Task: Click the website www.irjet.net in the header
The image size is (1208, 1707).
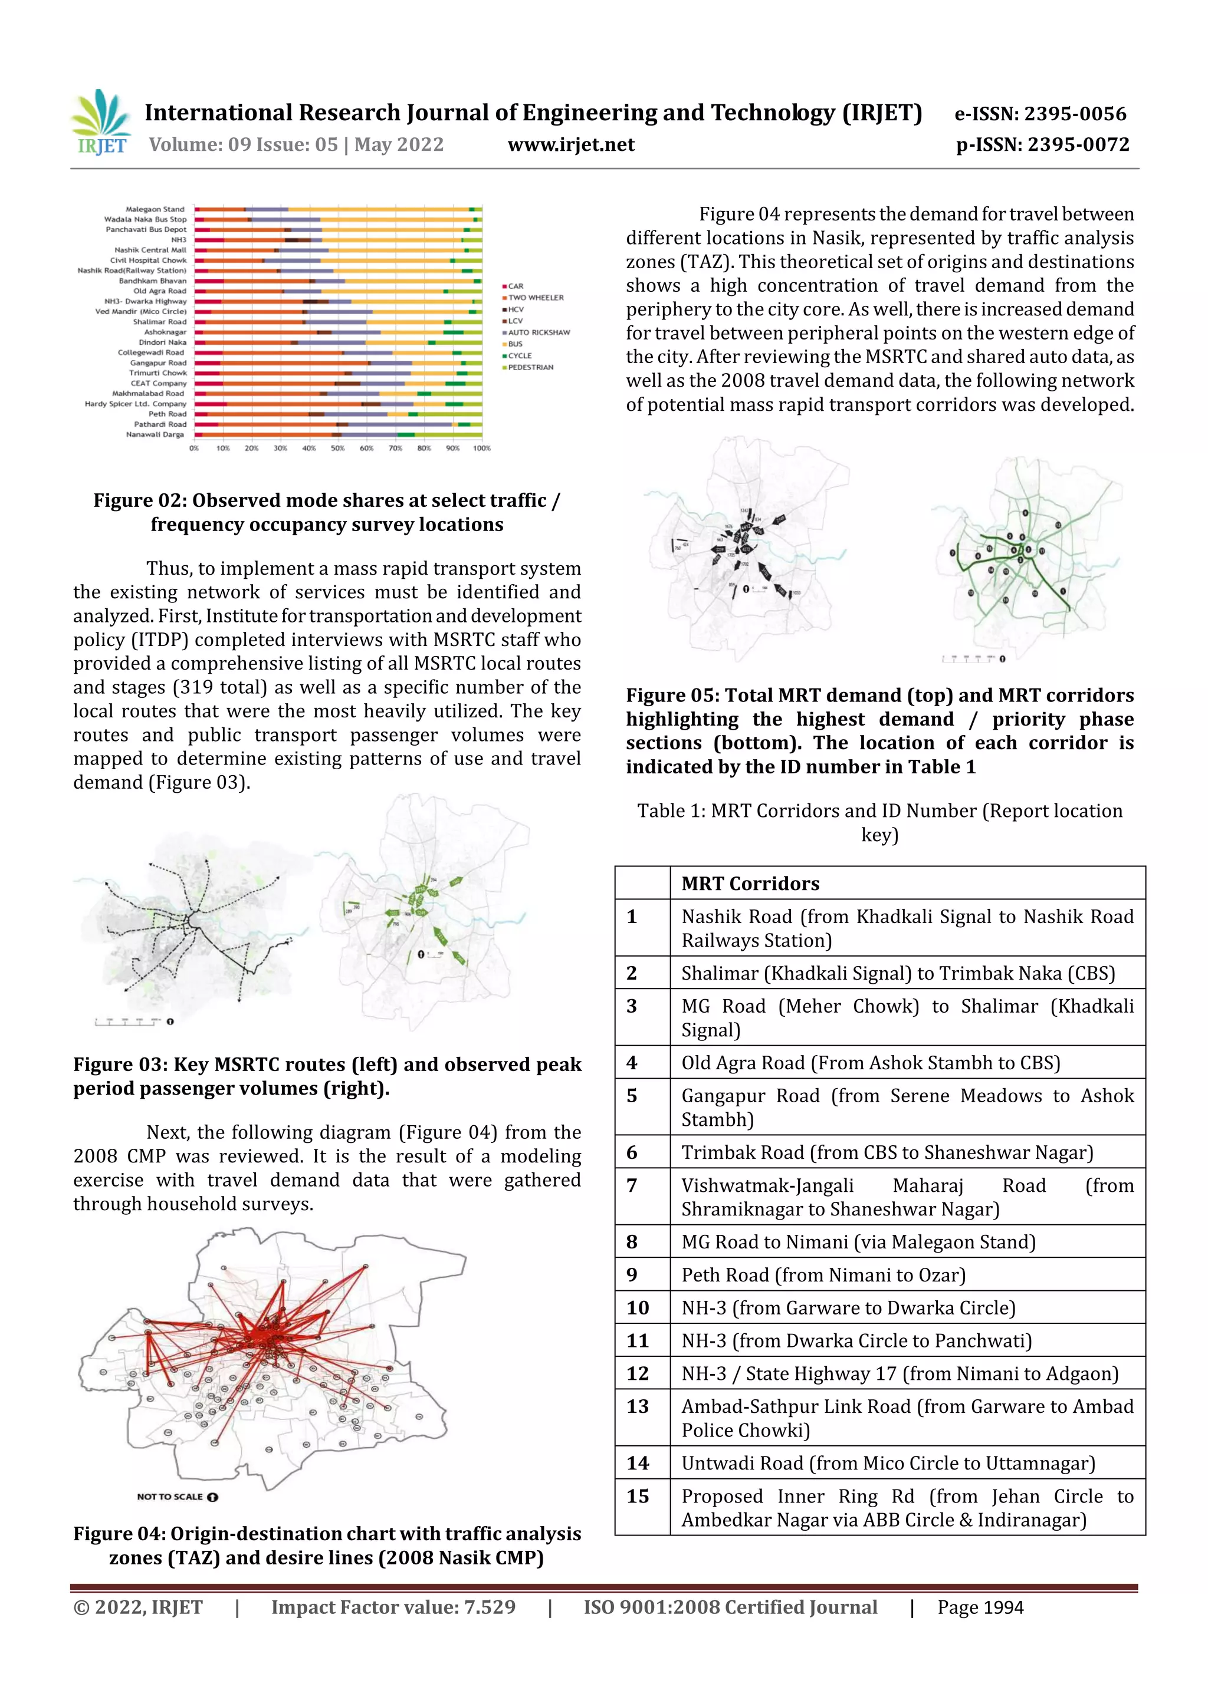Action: coord(570,144)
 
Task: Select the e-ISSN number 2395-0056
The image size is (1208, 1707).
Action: coord(1040,114)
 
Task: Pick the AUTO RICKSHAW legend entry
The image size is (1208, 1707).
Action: coord(538,332)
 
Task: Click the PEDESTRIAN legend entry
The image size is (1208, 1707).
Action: coord(530,367)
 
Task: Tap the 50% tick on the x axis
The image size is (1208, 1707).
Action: coord(338,449)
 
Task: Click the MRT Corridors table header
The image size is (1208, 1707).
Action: coord(750,883)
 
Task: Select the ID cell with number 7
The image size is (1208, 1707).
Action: coord(632,1185)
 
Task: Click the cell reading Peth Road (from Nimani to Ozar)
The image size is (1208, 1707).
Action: coord(823,1275)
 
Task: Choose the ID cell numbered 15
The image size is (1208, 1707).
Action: coord(638,1496)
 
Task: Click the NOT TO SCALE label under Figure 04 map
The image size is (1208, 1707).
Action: coord(170,1497)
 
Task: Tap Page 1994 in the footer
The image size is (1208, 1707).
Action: coord(980,1607)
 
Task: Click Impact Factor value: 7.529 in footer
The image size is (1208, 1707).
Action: coord(393,1607)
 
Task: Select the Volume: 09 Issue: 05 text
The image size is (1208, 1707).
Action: coord(296,144)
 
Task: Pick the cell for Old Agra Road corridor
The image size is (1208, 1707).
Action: coord(870,1063)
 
